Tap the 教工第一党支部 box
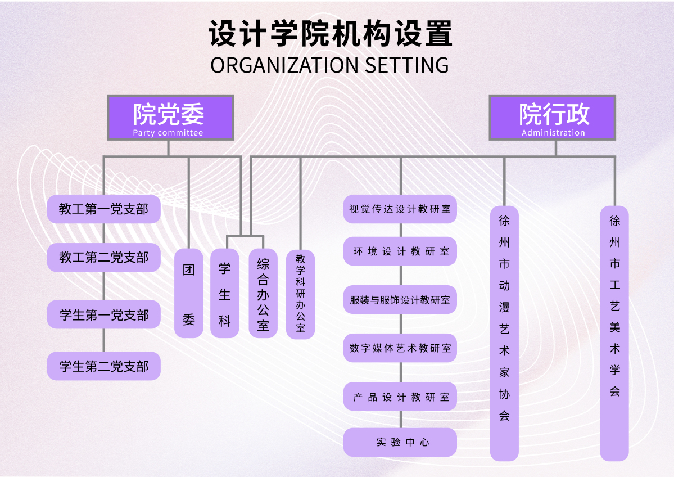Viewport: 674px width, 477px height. pos(104,209)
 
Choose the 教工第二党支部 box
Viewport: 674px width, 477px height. pos(104,258)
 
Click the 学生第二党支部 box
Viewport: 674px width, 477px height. pos(104,366)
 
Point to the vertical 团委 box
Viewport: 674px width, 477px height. pos(189,294)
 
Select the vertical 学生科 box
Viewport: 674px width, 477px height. pos(225,294)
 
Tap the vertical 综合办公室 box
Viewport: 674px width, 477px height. pos(263,294)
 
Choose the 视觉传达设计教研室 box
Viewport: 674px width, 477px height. pos(400,209)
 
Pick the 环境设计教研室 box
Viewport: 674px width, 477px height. pos(400,251)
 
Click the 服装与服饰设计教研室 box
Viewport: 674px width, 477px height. pos(400,300)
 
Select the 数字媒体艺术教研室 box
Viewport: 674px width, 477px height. pos(400,348)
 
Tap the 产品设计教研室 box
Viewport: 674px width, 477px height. pos(400,397)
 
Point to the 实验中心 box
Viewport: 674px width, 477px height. pos(400,442)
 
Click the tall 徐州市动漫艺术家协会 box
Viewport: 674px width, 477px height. pos(504,333)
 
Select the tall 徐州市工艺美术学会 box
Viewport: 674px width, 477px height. pos(614,333)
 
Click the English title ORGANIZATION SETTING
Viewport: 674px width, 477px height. pos(330,65)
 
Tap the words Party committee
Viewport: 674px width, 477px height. pos(168,133)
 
